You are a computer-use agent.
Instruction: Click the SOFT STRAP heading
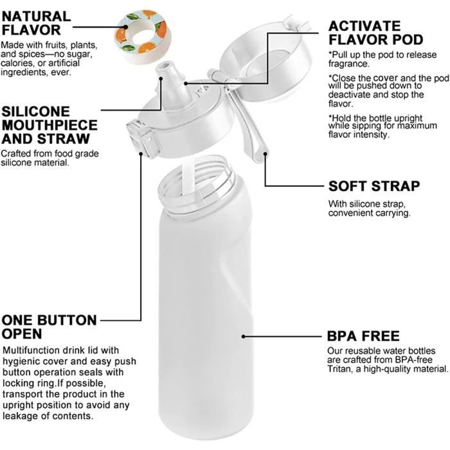pos(373,186)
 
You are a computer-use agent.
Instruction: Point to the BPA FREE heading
pos(363,336)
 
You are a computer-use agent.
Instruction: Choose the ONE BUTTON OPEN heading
pos(49,327)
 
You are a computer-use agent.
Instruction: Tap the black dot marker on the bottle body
pos(243,336)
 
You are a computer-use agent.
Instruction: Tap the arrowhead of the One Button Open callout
pos(141,154)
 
